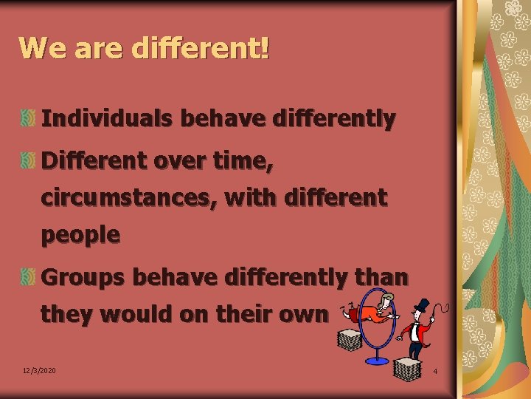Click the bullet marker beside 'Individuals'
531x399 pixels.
point(27,118)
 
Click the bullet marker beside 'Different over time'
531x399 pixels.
point(27,158)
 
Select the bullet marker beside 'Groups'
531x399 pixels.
point(27,277)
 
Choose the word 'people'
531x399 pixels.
point(80,236)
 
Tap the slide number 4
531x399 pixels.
point(435,370)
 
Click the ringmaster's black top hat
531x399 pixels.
point(422,306)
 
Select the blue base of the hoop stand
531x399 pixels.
point(378,360)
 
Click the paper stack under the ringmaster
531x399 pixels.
point(408,367)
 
